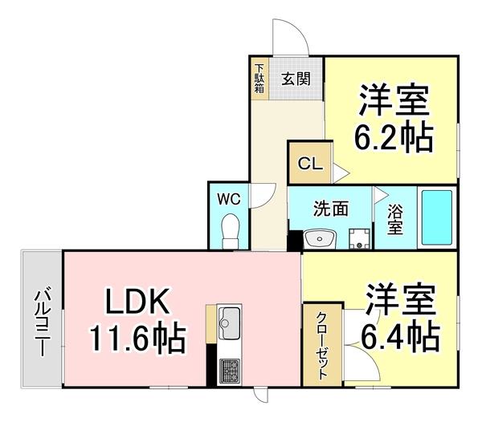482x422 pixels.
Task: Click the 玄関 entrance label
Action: tap(295, 79)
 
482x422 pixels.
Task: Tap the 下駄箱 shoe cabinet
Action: tap(259, 79)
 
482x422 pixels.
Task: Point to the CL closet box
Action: tap(310, 163)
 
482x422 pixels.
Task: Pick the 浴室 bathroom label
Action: tap(395, 220)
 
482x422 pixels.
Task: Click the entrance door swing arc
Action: tap(289, 34)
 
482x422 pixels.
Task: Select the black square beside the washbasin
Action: tap(295, 239)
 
